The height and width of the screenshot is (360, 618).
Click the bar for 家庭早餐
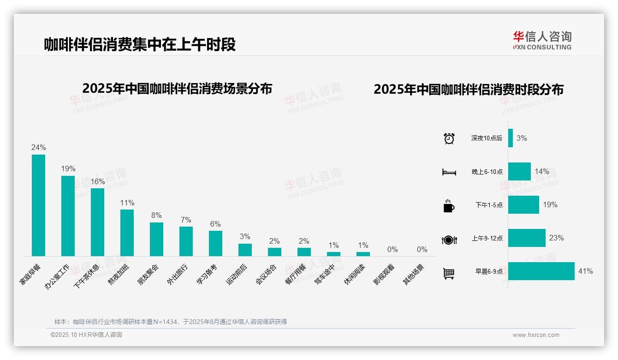[x=38, y=205]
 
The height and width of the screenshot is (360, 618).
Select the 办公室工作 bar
[x=68, y=216]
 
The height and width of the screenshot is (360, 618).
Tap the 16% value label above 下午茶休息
[x=97, y=182]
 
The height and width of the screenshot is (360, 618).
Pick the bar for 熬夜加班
[x=127, y=233]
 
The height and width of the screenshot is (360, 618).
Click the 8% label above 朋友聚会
[x=156, y=216]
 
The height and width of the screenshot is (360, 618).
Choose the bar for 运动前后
[x=245, y=250]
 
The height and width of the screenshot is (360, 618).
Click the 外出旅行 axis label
[x=178, y=274]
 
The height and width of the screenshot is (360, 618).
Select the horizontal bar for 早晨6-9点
[x=541, y=271]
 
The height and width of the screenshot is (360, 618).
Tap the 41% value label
[x=585, y=271]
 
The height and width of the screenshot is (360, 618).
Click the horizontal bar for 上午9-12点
[x=527, y=238]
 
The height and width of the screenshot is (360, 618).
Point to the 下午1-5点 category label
[x=489, y=205]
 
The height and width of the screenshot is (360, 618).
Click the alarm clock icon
[x=449, y=138]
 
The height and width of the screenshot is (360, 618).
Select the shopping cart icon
[x=449, y=274]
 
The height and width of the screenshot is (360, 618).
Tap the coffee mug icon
[x=449, y=206]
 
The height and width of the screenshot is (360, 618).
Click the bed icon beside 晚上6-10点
[x=449, y=172]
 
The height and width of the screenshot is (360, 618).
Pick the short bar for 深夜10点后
[x=511, y=138]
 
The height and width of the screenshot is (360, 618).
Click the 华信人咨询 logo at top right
[x=542, y=40]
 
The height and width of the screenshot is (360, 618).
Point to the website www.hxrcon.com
[x=536, y=335]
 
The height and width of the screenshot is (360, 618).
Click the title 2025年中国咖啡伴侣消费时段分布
[x=469, y=90]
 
